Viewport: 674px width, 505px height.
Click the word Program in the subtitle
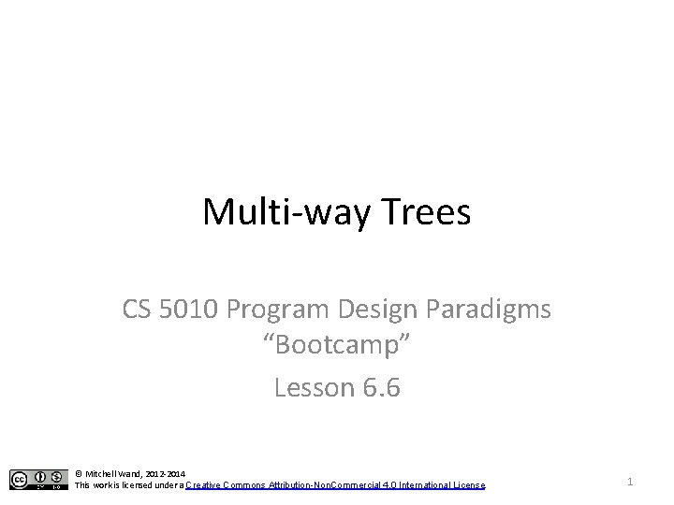click(290, 309)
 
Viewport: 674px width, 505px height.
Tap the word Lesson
click(315, 387)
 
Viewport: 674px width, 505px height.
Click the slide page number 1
click(630, 481)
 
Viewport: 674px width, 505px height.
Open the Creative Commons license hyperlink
click(335, 485)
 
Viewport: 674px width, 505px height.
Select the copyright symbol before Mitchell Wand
click(79, 474)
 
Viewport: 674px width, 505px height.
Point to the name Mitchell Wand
click(114, 474)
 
